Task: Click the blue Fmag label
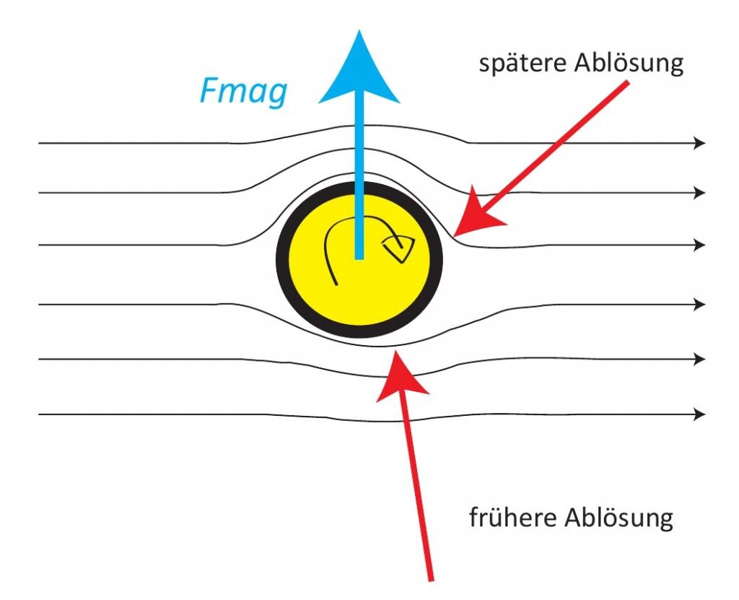click(244, 92)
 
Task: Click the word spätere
click(522, 63)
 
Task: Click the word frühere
click(513, 518)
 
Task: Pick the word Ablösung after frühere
click(618, 518)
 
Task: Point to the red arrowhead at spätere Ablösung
click(476, 214)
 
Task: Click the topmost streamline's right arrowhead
click(700, 142)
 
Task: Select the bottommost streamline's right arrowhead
click(700, 414)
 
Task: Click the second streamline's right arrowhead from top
click(700, 193)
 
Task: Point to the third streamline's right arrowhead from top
click(700, 245)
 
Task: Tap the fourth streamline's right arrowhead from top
click(700, 305)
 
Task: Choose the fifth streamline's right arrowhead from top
click(700, 359)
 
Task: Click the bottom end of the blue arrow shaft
click(359, 258)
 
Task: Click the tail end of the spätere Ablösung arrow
click(627, 82)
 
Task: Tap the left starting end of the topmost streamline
click(39, 142)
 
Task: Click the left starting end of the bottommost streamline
click(39, 414)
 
